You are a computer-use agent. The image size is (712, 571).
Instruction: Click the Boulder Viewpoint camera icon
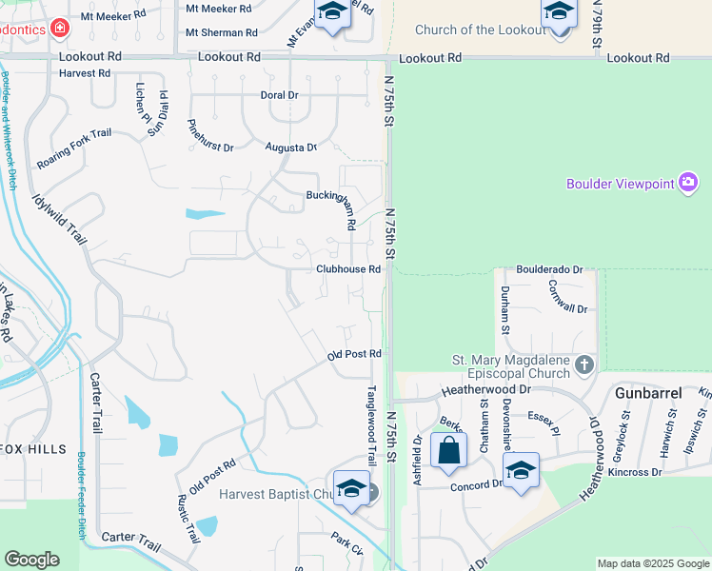tap(689, 184)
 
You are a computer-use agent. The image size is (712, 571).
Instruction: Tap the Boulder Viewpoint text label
tap(621, 184)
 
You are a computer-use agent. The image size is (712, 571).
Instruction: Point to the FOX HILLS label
tap(33, 449)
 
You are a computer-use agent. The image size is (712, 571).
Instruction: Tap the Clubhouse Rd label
tap(348, 269)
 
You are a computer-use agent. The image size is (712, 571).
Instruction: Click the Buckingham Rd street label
tap(331, 208)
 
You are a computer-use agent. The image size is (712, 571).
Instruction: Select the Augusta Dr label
tap(290, 148)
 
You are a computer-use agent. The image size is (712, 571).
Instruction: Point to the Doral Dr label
tap(279, 95)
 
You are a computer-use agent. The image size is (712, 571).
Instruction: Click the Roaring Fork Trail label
tap(74, 148)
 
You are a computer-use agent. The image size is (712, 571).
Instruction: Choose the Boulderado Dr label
tap(549, 270)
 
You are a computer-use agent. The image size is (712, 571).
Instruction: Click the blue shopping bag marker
tap(449, 450)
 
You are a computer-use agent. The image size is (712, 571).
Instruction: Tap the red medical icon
tap(60, 28)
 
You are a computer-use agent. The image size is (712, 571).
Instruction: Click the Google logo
tap(31, 560)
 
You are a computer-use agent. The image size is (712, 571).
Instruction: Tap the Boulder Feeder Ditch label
tap(82, 496)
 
